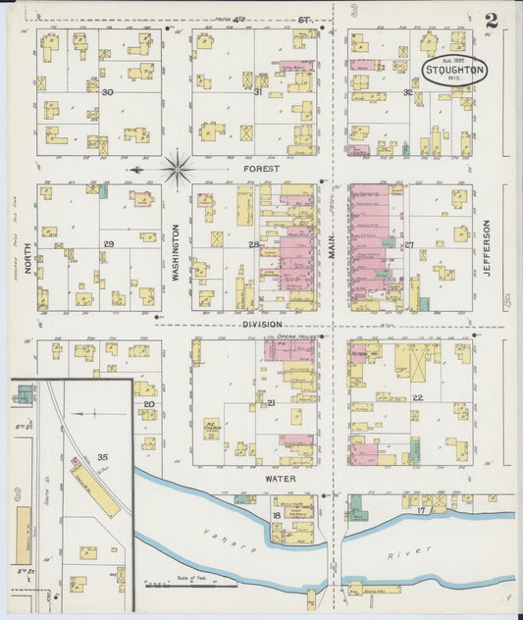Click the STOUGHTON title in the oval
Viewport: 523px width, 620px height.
tap(455, 71)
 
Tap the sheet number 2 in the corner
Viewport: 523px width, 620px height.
tap(491, 20)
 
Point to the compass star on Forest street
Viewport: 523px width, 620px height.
tap(178, 169)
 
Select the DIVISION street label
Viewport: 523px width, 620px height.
tap(262, 324)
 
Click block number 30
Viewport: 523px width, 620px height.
tap(108, 92)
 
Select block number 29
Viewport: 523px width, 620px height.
tap(109, 243)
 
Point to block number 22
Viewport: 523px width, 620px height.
tap(417, 397)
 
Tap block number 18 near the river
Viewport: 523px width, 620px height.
tap(278, 513)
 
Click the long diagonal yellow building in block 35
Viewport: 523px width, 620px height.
tap(94, 490)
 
